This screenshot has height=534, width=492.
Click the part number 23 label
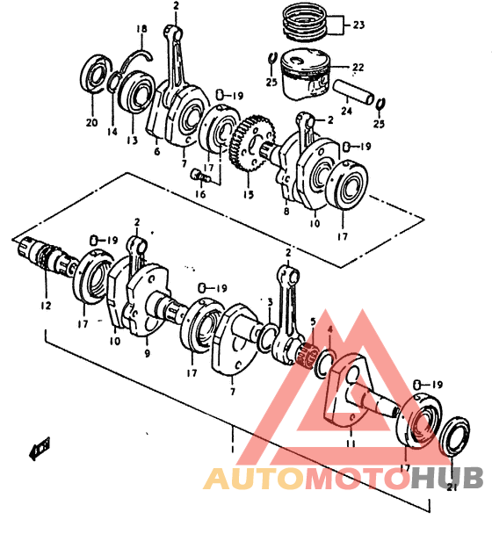pos(358,25)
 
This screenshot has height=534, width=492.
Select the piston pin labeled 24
pos(354,91)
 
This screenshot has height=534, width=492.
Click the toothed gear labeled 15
pos(253,143)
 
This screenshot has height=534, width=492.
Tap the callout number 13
pos(132,140)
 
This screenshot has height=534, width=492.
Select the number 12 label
pos(45,306)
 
